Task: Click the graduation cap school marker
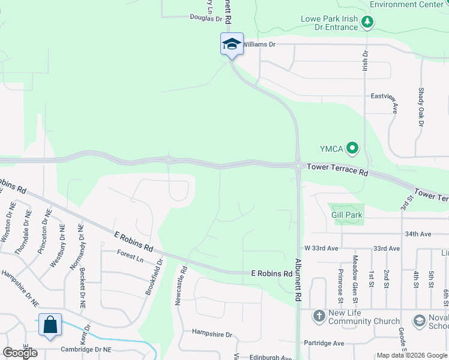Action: [x=232, y=44]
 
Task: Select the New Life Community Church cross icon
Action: [x=319, y=315]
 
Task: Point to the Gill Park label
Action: [x=347, y=215]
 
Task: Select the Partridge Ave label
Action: [x=324, y=343]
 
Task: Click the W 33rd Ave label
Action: [x=322, y=248]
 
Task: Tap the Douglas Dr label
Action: [x=206, y=19]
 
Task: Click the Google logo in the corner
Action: [x=20, y=353]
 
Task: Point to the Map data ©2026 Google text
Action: [x=412, y=355]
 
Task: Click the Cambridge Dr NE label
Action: [x=86, y=349]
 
